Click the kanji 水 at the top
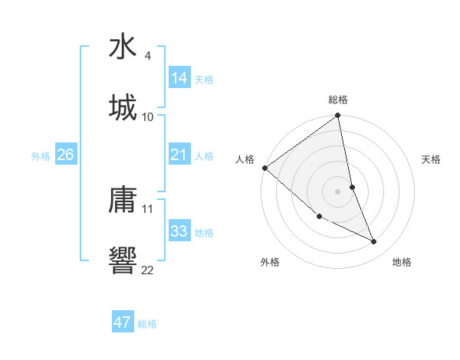(x=123, y=47)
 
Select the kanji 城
(x=123, y=107)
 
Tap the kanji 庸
(x=123, y=200)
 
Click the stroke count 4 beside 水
(x=147, y=56)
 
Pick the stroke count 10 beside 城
(x=148, y=117)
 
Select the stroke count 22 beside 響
(x=148, y=270)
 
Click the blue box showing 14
(x=179, y=78)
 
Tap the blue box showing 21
(x=179, y=155)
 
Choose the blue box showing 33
(x=179, y=231)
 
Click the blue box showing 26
(x=65, y=155)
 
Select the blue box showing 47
(x=123, y=322)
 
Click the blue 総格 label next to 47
(x=147, y=324)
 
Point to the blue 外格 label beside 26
(x=41, y=156)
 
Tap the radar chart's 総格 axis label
(x=338, y=100)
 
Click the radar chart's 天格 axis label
(x=431, y=159)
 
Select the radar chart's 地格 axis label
(x=402, y=263)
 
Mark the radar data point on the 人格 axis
(x=264, y=168)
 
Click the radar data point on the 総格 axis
(x=338, y=116)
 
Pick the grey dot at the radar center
(x=338, y=191)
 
